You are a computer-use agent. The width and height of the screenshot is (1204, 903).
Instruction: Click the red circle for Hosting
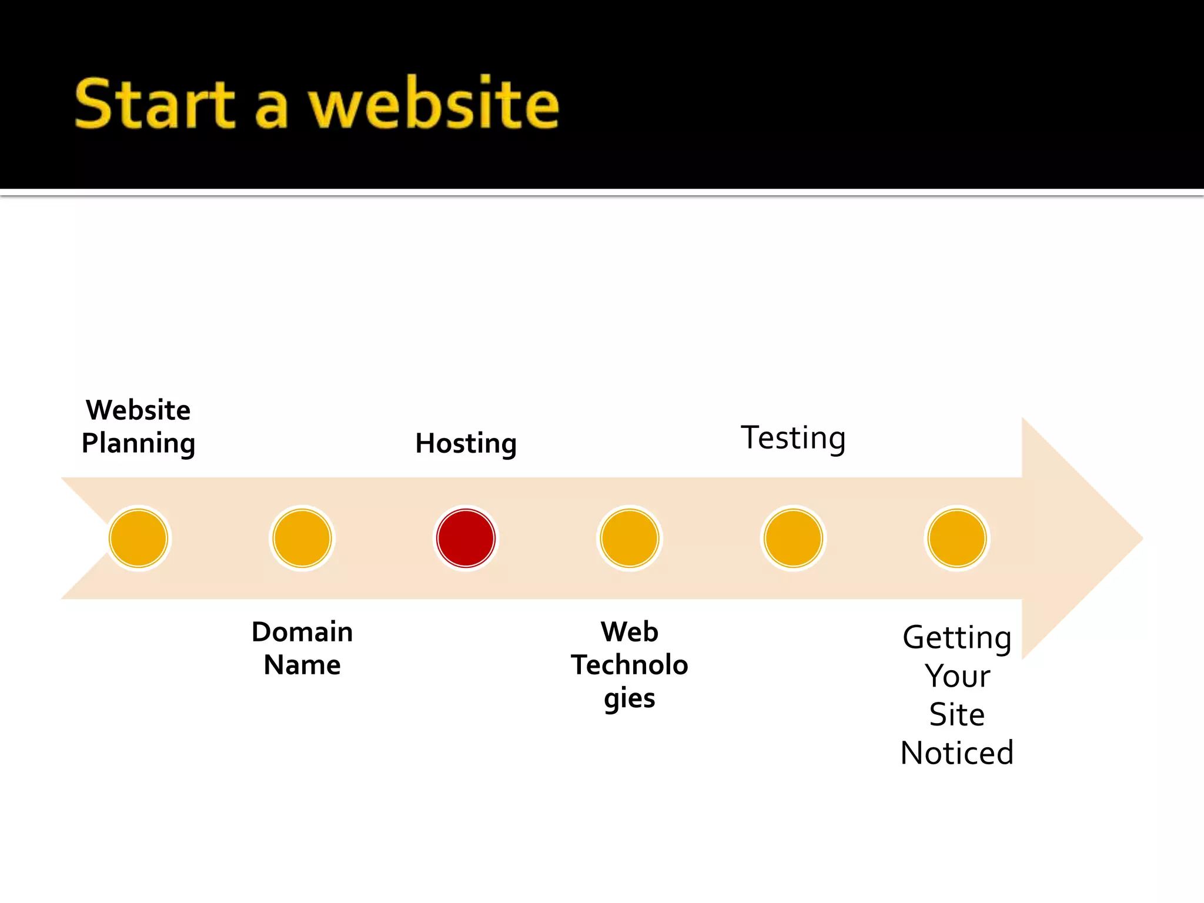[x=466, y=538]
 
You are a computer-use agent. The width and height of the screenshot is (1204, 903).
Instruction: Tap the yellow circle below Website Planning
[x=139, y=538]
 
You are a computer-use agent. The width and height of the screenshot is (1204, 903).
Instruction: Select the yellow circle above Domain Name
[x=302, y=538]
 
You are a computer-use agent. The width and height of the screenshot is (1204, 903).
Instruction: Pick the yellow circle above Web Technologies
[x=630, y=538]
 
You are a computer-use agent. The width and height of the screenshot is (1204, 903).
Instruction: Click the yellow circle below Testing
[x=793, y=538]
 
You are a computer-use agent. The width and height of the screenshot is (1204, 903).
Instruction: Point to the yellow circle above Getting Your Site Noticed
[x=956, y=538]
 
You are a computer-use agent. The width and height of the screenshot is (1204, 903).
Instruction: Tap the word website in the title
[x=434, y=104]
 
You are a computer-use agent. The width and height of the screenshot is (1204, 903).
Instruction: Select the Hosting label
[x=466, y=443]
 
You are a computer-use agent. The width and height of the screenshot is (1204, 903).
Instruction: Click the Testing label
[x=793, y=438]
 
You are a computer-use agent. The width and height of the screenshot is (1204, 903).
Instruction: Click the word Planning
[x=138, y=443]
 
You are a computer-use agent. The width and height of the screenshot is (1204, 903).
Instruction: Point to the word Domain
[x=302, y=632]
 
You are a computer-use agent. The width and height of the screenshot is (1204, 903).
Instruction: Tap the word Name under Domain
[x=302, y=665]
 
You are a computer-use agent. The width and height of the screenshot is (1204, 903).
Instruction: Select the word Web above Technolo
[x=630, y=632]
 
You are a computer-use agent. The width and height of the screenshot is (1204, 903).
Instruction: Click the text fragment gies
[x=630, y=698]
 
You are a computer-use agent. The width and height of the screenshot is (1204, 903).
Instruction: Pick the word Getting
[x=956, y=638]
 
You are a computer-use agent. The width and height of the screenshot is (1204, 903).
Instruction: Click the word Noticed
[x=956, y=753]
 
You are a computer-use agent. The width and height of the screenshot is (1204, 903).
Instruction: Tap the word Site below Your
[x=956, y=715]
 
